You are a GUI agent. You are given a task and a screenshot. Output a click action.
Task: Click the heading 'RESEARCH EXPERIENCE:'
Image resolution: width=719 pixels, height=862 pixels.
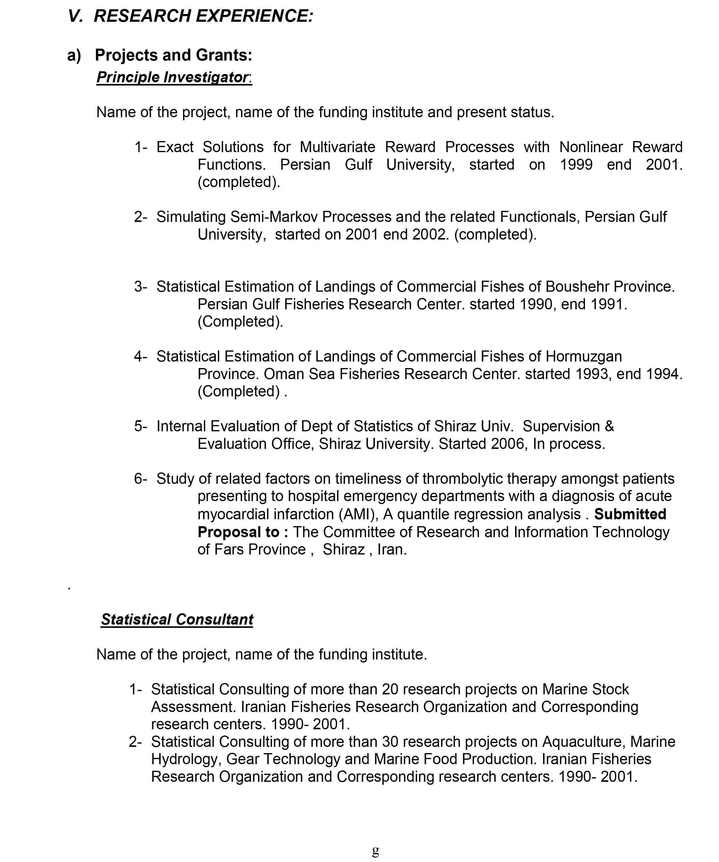pyautogui.click(x=204, y=16)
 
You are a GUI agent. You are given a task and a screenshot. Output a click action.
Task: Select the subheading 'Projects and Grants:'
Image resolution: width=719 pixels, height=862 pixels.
pyautogui.click(x=173, y=55)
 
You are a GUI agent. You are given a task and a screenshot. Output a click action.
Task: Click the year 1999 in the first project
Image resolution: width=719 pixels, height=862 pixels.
pyautogui.click(x=576, y=165)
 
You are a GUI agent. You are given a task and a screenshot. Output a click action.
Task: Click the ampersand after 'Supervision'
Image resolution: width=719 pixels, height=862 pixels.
pyautogui.click(x=609, y=426)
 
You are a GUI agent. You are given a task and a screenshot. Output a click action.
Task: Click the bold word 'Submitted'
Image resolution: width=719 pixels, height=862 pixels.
pyautogui.click(x=630, y=514)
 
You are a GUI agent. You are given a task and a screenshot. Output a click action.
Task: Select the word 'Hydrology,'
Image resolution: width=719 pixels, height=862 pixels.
pyautogui.click(x=186, y=759)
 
